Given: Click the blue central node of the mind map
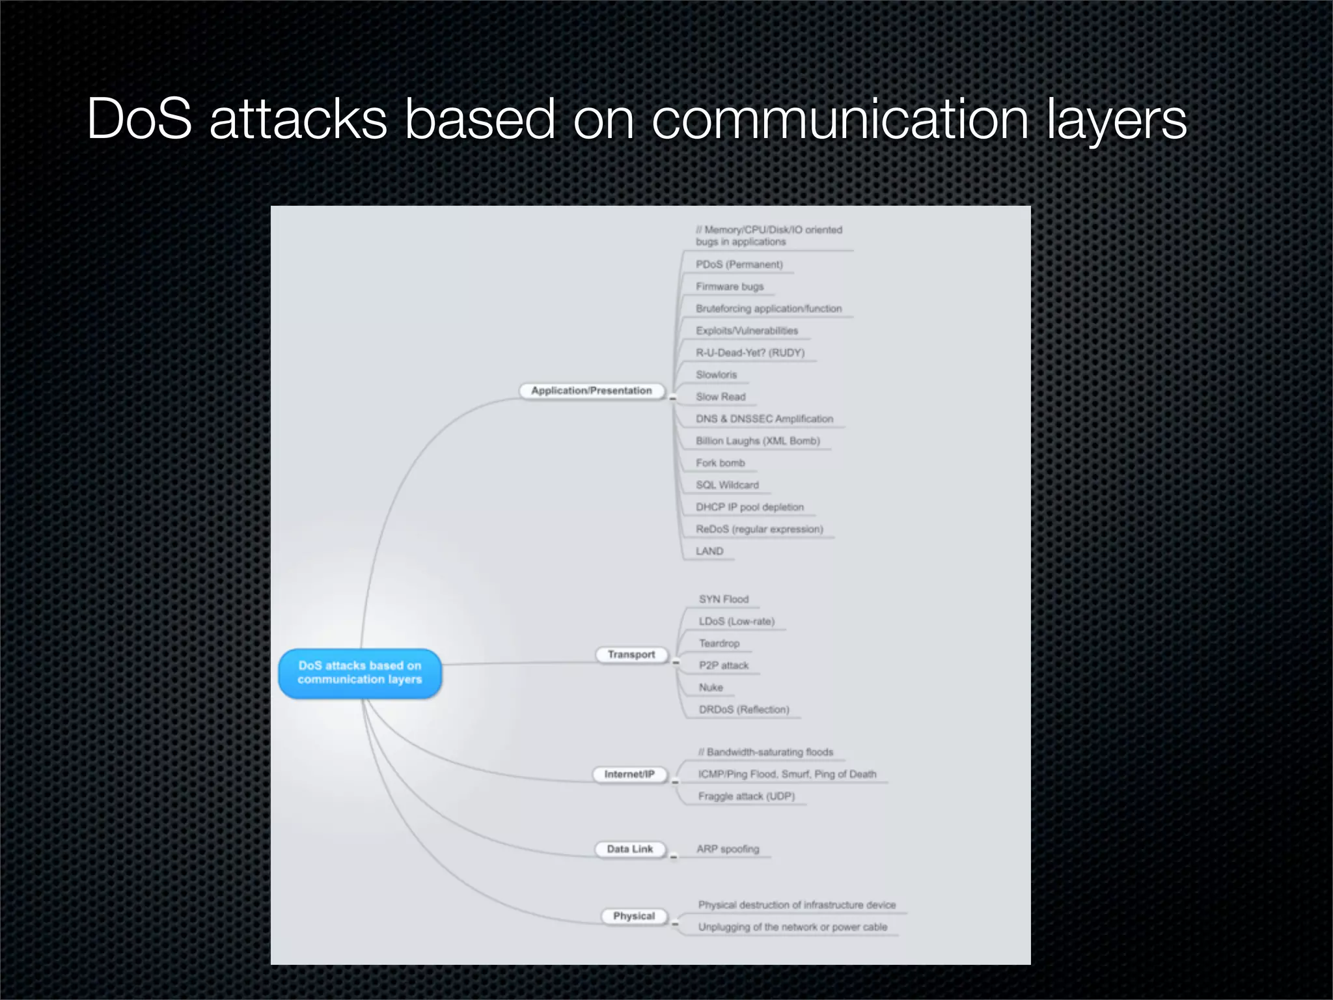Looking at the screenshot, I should click(x=360, y=673).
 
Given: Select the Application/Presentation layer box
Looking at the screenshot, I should click(x=591, y=391).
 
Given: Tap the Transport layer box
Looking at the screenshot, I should click(x=631, y=654).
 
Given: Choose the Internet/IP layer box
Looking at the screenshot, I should click(x=629, y=774).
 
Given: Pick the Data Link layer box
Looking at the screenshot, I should click(x=629, y=849).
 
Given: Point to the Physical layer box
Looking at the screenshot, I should click(x=633, y=916).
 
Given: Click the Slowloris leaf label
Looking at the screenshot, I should click(x=716, y=375).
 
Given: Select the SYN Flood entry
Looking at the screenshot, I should click(x=724, y=599).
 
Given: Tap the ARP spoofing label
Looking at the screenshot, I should click(x=728, y=849).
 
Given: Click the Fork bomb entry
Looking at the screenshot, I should click(x=720, y=463).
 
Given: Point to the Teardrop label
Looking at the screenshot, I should click(x=719, y=643).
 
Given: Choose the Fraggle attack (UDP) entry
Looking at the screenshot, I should click(x=746, y=796).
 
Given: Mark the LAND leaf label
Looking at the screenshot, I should click(x=709, y=551).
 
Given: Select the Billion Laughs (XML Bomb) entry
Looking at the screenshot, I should click(x=758, y=441).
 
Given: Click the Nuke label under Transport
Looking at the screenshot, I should click(x=711, y=687).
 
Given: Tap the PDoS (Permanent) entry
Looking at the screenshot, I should click(x=739, y=264).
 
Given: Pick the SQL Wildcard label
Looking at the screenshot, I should click(x=727, y=485).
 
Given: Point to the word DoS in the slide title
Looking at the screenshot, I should click(x=139, y=119).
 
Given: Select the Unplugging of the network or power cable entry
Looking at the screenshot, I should click(x=792, y=927).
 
